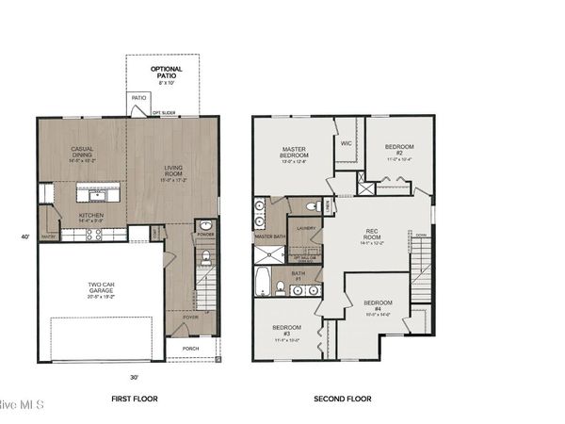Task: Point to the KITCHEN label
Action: click(x=90, y=215)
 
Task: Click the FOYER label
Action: click(x=191, y=318)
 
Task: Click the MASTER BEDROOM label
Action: click(x=302, y=153)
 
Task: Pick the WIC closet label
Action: click(x=347, y=144)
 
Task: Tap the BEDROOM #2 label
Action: click(x=396, y=149)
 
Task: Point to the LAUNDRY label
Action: click(x=305, y=228)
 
